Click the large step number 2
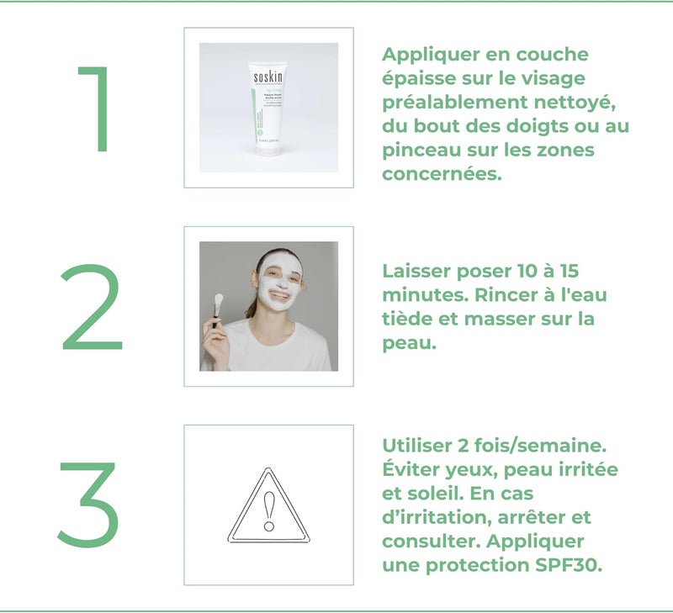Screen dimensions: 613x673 [92, 308]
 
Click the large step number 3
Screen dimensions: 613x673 [88, 505]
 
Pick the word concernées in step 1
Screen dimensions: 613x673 [442, 174]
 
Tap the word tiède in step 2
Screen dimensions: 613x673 [408, 320]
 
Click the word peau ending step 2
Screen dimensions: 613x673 [408, 344]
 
